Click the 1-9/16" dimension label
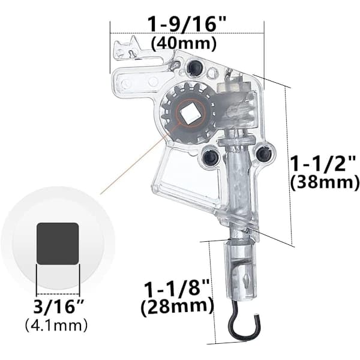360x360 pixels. (187, 23)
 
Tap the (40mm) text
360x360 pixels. (184, 43)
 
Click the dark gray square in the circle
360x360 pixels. (58, 244)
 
